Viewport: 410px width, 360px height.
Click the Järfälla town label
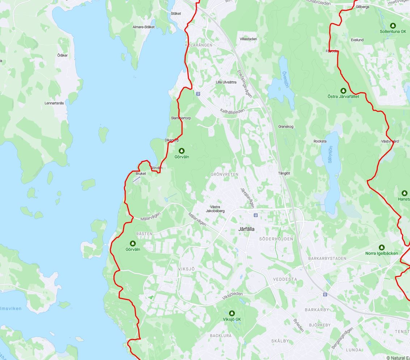coord(246,229)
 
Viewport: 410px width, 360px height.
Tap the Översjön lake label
coord(286,79)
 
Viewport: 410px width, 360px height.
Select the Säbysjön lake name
coord(330,154)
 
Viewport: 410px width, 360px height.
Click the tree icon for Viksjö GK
coord(232,313)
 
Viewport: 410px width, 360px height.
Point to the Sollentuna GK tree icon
coord(393,25)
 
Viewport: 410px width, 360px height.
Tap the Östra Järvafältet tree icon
coord(343,90)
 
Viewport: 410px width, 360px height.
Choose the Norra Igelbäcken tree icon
coord(381,247)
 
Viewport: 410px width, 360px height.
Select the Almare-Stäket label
coord(143,27)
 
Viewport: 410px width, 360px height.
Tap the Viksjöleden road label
coord(232,296)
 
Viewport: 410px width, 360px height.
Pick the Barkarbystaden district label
coord(327,258)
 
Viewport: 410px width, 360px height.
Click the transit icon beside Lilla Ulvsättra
coord(198,93)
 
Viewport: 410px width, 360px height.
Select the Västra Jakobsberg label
coord(215,209)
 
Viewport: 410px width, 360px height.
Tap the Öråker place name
coord(63,55)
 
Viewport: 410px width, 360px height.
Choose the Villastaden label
coord(248,39)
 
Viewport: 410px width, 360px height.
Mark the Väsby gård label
coord(390,141)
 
